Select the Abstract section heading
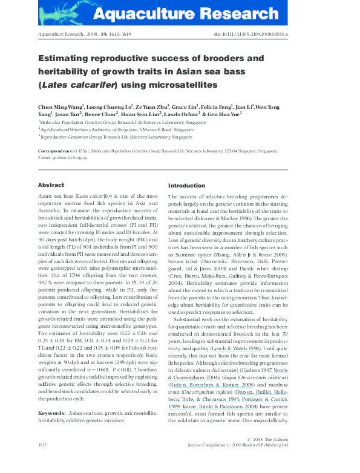pyautogui.click(x=51, y=185)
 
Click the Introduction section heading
pyautogui.click(x=186, y=185)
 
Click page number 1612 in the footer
pyautogui.click(x=43, y=462)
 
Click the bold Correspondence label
pyautogui.click(x=57, y=151)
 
